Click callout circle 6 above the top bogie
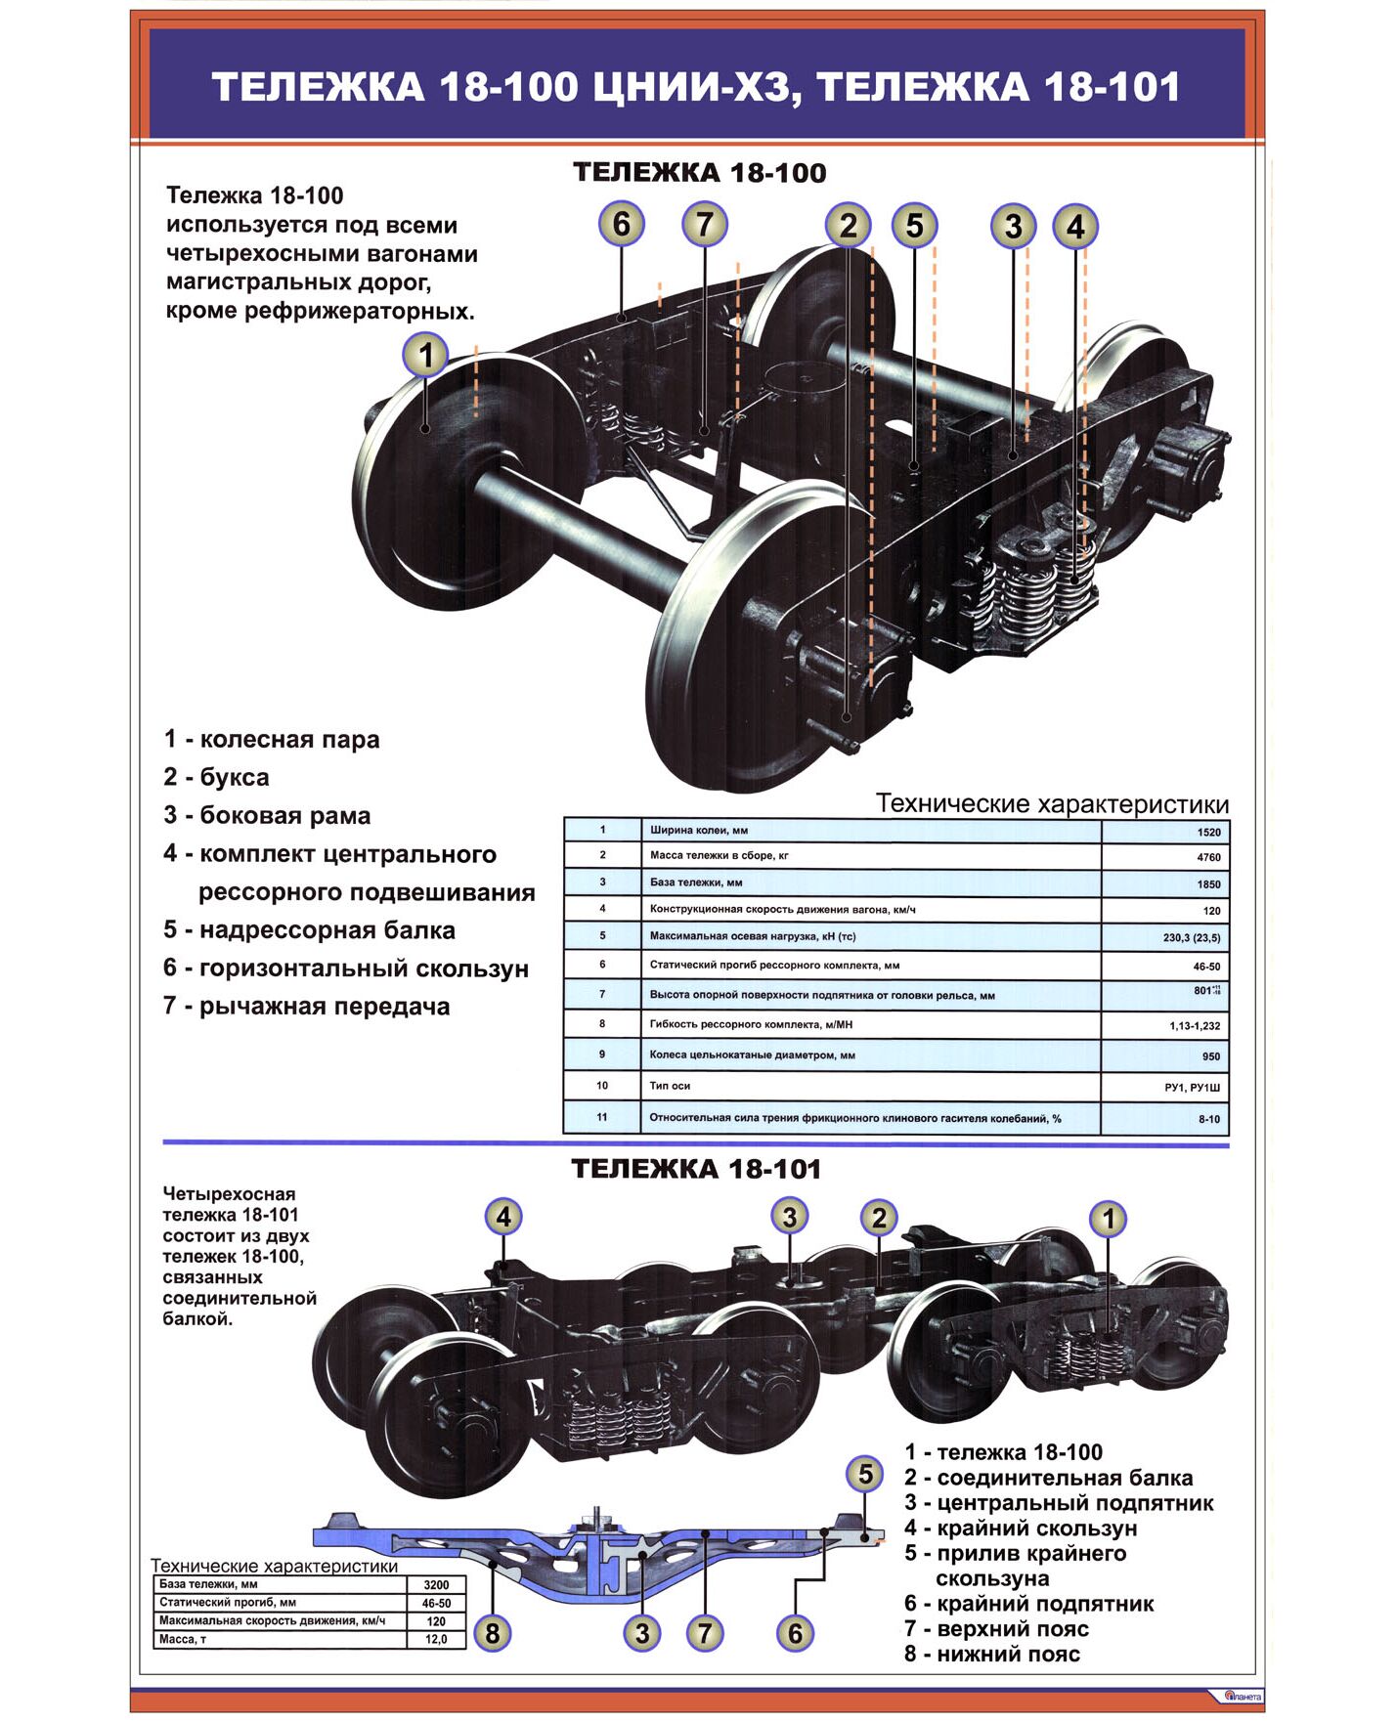point(622,224)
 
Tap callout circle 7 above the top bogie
point(705,224)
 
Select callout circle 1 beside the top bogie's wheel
point(425,354)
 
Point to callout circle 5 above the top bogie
point(914,226)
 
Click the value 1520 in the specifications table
point(1208,833)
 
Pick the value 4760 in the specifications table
point(1208,858)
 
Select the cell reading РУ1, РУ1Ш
point(1192,1088)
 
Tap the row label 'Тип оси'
point(671,1086)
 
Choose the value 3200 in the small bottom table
point(436,1585)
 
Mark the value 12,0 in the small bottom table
point(436,1639)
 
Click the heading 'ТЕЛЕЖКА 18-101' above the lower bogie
point(696,1169)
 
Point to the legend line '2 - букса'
point(216,777)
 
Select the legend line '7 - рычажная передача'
point(307,1007)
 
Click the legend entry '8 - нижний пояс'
point(992,1655)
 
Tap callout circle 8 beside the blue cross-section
point(493,1633)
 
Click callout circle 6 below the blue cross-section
point(795,1633)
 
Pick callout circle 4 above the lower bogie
point(503,1218)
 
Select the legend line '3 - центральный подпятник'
point(1059,1503)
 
